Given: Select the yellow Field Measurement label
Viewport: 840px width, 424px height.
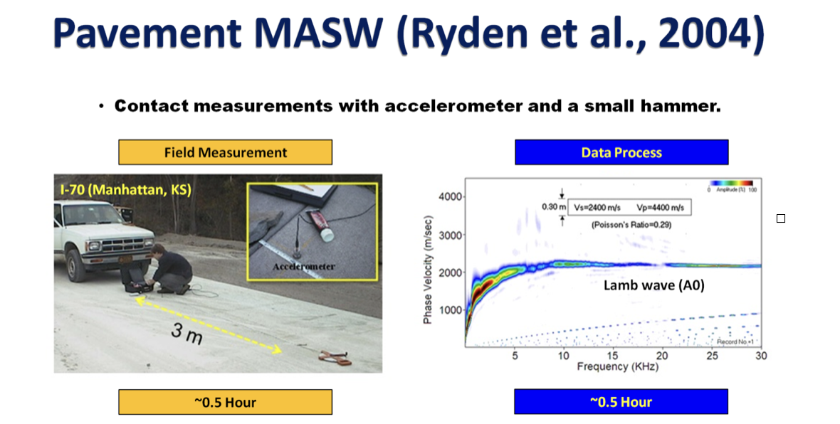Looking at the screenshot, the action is pyautogui.click(x=225, y=152).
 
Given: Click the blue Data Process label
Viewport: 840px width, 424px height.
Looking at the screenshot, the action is pyautogui.click(x=621, y=152).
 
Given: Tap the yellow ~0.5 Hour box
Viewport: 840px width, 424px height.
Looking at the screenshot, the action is pyautogui.click(x=225, y=402).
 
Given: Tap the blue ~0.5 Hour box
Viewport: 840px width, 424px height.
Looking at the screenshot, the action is pyautogui.click(x=621, y=401).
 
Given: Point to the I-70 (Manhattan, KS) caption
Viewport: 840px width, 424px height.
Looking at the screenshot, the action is pyautogui.click(x=126, y=190).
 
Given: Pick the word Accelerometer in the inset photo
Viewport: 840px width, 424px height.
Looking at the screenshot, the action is pyautogui.click(x=304, y=266).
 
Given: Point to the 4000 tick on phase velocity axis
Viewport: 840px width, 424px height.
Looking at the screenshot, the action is pyautogui.click(x=450, y=197).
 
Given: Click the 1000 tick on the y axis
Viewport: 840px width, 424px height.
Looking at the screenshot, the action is pyautogui.click(x=450, y=310).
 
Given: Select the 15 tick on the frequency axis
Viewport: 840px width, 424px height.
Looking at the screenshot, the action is pyautogui.click(x=612, y=355).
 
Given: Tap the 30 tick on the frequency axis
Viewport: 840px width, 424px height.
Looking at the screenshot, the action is pyautogui.click(x=761, y=355).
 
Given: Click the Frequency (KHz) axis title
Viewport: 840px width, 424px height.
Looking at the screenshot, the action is pyautogui.click(x=618, y=366).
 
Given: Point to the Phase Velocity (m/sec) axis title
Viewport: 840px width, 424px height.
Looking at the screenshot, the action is pyautogui.click(x=428, y=270).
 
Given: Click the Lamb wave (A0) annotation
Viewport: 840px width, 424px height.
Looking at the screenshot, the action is pyautogui.click(x=654, y=285).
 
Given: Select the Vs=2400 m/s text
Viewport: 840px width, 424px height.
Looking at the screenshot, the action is pyautogui.click(x=597, y=208).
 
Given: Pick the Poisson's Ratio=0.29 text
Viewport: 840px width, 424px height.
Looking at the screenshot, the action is pyautogui.click(x=631, y=225).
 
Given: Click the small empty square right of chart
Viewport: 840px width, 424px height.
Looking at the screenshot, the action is pyautogui.click(x=780, y=218).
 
